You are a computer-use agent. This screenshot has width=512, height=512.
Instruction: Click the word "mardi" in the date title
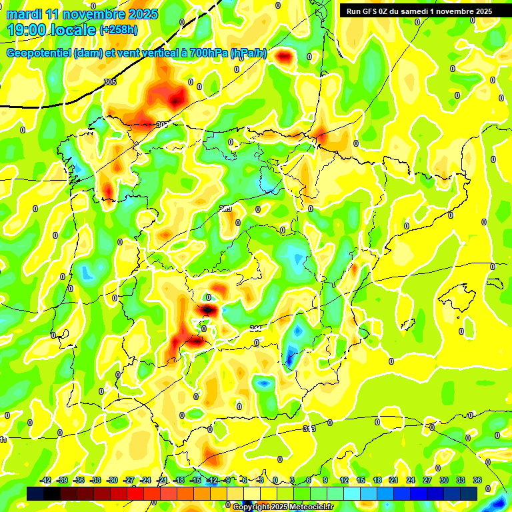click(24, 14)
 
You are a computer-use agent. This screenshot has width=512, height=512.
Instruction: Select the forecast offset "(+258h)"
click(119, 30)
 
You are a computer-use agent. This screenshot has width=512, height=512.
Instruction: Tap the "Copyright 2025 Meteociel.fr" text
click(283, 507)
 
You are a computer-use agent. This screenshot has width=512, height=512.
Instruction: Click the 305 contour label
click(110, 82)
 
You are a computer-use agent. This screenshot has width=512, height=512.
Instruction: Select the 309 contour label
click(226, 209)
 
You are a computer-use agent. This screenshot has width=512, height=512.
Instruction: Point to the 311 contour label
click(255, 328)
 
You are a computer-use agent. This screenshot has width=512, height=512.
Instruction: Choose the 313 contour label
click(309, 428)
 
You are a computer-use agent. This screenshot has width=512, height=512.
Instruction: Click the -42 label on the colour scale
click(46, 480)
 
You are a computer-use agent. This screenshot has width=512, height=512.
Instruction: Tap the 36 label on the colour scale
click(477, 480)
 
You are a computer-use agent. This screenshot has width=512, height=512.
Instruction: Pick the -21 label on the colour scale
click(162, 480)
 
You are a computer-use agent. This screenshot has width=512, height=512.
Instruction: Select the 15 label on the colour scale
click(361, 480)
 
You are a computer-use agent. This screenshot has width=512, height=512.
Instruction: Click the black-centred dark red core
click(208, 309)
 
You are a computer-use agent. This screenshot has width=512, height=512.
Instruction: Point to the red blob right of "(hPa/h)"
click(285, 57)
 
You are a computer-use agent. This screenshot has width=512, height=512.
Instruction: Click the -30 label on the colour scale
click(113, 480)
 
